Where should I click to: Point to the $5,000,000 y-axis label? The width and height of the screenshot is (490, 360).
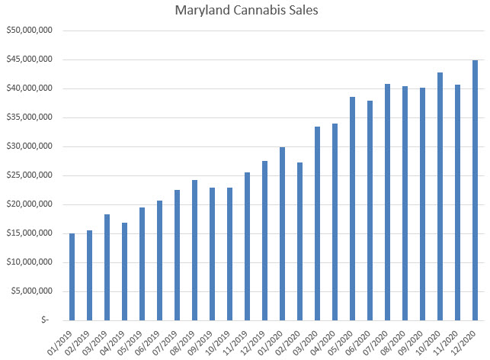(29, 291)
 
